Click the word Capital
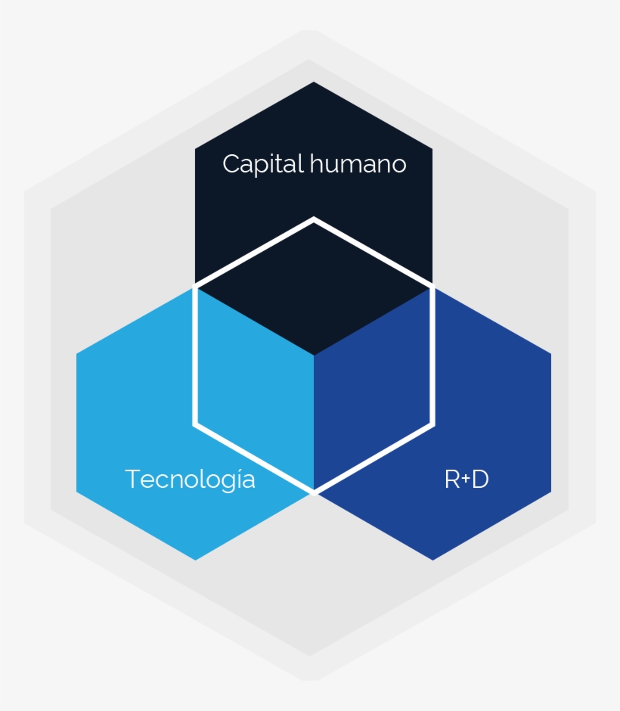(263, 164)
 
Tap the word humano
(358, 163)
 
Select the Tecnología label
(191, 480)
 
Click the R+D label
(467, 480)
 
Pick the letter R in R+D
(452, 480)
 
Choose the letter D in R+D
(480, 480)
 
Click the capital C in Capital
(232, 163)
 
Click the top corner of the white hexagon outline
(314, 219)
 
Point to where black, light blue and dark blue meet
(314, 355)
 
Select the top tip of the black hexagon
(314, 82)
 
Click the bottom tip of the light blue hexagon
(195, 560)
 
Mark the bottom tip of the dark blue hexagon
(432, 560)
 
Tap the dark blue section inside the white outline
(372, 390)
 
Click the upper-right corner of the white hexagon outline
(432, 287)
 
